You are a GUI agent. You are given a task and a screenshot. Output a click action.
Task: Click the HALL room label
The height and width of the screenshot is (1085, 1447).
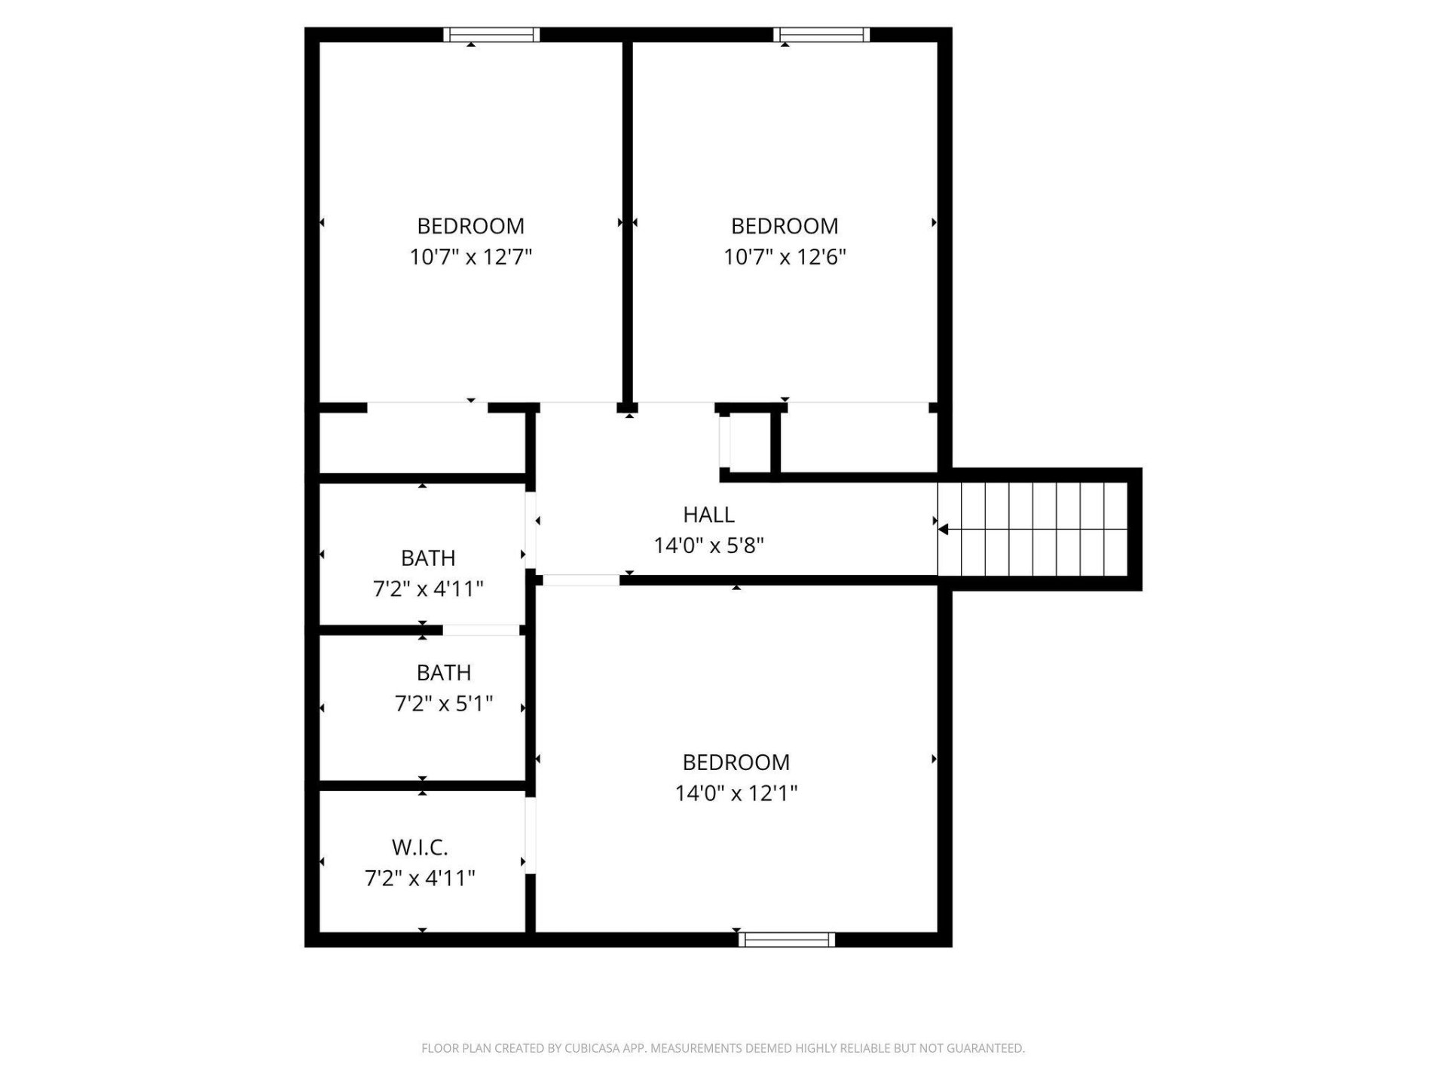tap(708, 515)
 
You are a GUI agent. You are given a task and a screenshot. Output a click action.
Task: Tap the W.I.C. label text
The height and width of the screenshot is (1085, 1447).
tap(420, 848)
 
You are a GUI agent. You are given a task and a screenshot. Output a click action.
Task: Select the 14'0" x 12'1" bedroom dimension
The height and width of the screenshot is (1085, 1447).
tap(736, 793)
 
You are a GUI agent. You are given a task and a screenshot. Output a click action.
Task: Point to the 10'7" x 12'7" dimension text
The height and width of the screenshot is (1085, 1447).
tap(471, 257)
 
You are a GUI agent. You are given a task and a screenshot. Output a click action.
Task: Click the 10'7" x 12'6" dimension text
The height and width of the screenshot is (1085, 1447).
tap(785, 257)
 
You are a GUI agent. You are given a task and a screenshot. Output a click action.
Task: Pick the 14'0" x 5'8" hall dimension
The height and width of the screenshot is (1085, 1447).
tap(709, 546)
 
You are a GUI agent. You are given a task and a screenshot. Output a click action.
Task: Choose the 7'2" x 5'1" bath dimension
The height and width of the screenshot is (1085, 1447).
tap(444, 704)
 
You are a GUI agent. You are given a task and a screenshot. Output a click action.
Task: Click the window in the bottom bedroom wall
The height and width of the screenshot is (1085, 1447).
tap(787, 939)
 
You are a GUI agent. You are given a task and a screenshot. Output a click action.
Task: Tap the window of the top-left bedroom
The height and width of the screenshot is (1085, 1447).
tap(491, 35)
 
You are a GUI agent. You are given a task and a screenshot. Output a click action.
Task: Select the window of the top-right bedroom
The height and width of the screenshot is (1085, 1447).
tap(821, 35)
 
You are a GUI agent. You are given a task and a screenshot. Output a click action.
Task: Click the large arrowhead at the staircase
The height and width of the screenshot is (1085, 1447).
tap(943, 530)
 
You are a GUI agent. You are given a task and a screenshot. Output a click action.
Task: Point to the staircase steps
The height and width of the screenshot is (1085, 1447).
tap(1032, 529)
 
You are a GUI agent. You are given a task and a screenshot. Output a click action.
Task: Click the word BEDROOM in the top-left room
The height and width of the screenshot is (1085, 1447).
tap(471, 226)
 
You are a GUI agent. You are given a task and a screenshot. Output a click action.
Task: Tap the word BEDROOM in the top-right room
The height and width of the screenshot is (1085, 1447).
tap(785, 226)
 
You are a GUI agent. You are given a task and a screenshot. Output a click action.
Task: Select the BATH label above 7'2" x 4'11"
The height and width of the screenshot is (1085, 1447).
tap(428, 558)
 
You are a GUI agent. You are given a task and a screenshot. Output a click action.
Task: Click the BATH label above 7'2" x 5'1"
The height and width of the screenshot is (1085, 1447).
tap(444, 673)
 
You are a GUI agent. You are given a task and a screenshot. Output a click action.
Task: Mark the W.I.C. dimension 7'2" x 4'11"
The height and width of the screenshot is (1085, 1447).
tap(420, 879)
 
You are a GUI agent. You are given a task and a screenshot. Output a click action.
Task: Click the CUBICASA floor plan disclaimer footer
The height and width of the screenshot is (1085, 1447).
tap(723, 1048)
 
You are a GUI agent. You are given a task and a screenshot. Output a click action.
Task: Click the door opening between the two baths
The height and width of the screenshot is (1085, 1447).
tap(481, 630)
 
